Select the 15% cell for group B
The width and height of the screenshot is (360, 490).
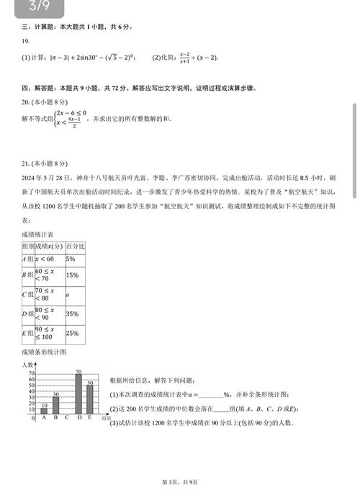(x=72, y=275)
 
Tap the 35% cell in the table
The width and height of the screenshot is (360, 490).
(x=72, y=314)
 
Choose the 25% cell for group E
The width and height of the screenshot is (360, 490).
(x=72, y=334)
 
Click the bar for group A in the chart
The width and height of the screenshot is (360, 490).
(x=44, y=410)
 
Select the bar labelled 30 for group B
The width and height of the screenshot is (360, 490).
(x=55, y=406)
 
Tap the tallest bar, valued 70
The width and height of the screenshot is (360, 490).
(x=78, y=393)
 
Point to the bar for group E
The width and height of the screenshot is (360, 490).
(x=90, y=399)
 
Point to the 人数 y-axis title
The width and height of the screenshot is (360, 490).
(x=27, y=365)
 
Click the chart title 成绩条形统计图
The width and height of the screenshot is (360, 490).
(x=44, y=352)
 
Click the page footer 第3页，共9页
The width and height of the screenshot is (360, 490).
(x=179, y=481)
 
